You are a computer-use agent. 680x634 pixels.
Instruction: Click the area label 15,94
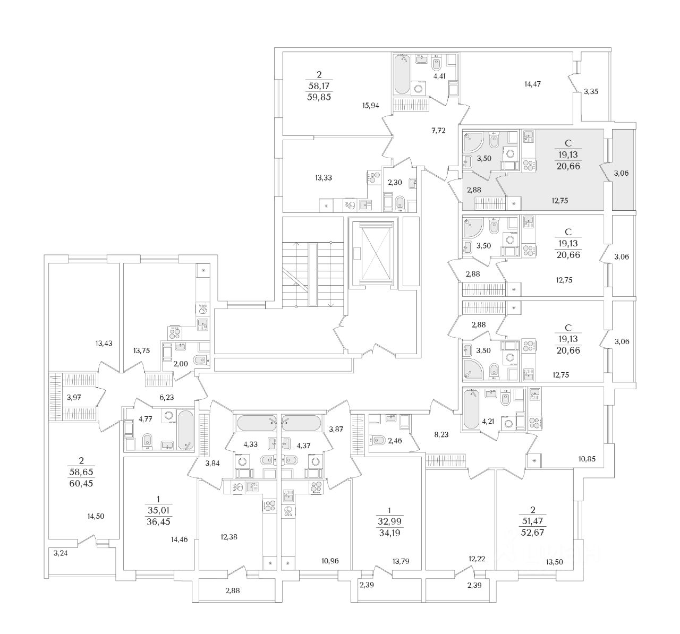click(x=370, y=105)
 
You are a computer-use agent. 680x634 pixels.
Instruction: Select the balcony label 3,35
click(x=591, y=91)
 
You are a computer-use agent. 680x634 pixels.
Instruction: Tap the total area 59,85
click(x=319, y=97)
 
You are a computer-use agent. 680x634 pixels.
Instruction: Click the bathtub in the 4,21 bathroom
click(x=471, y=410)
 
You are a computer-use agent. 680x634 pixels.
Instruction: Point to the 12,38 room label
click(x=228, y=536)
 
